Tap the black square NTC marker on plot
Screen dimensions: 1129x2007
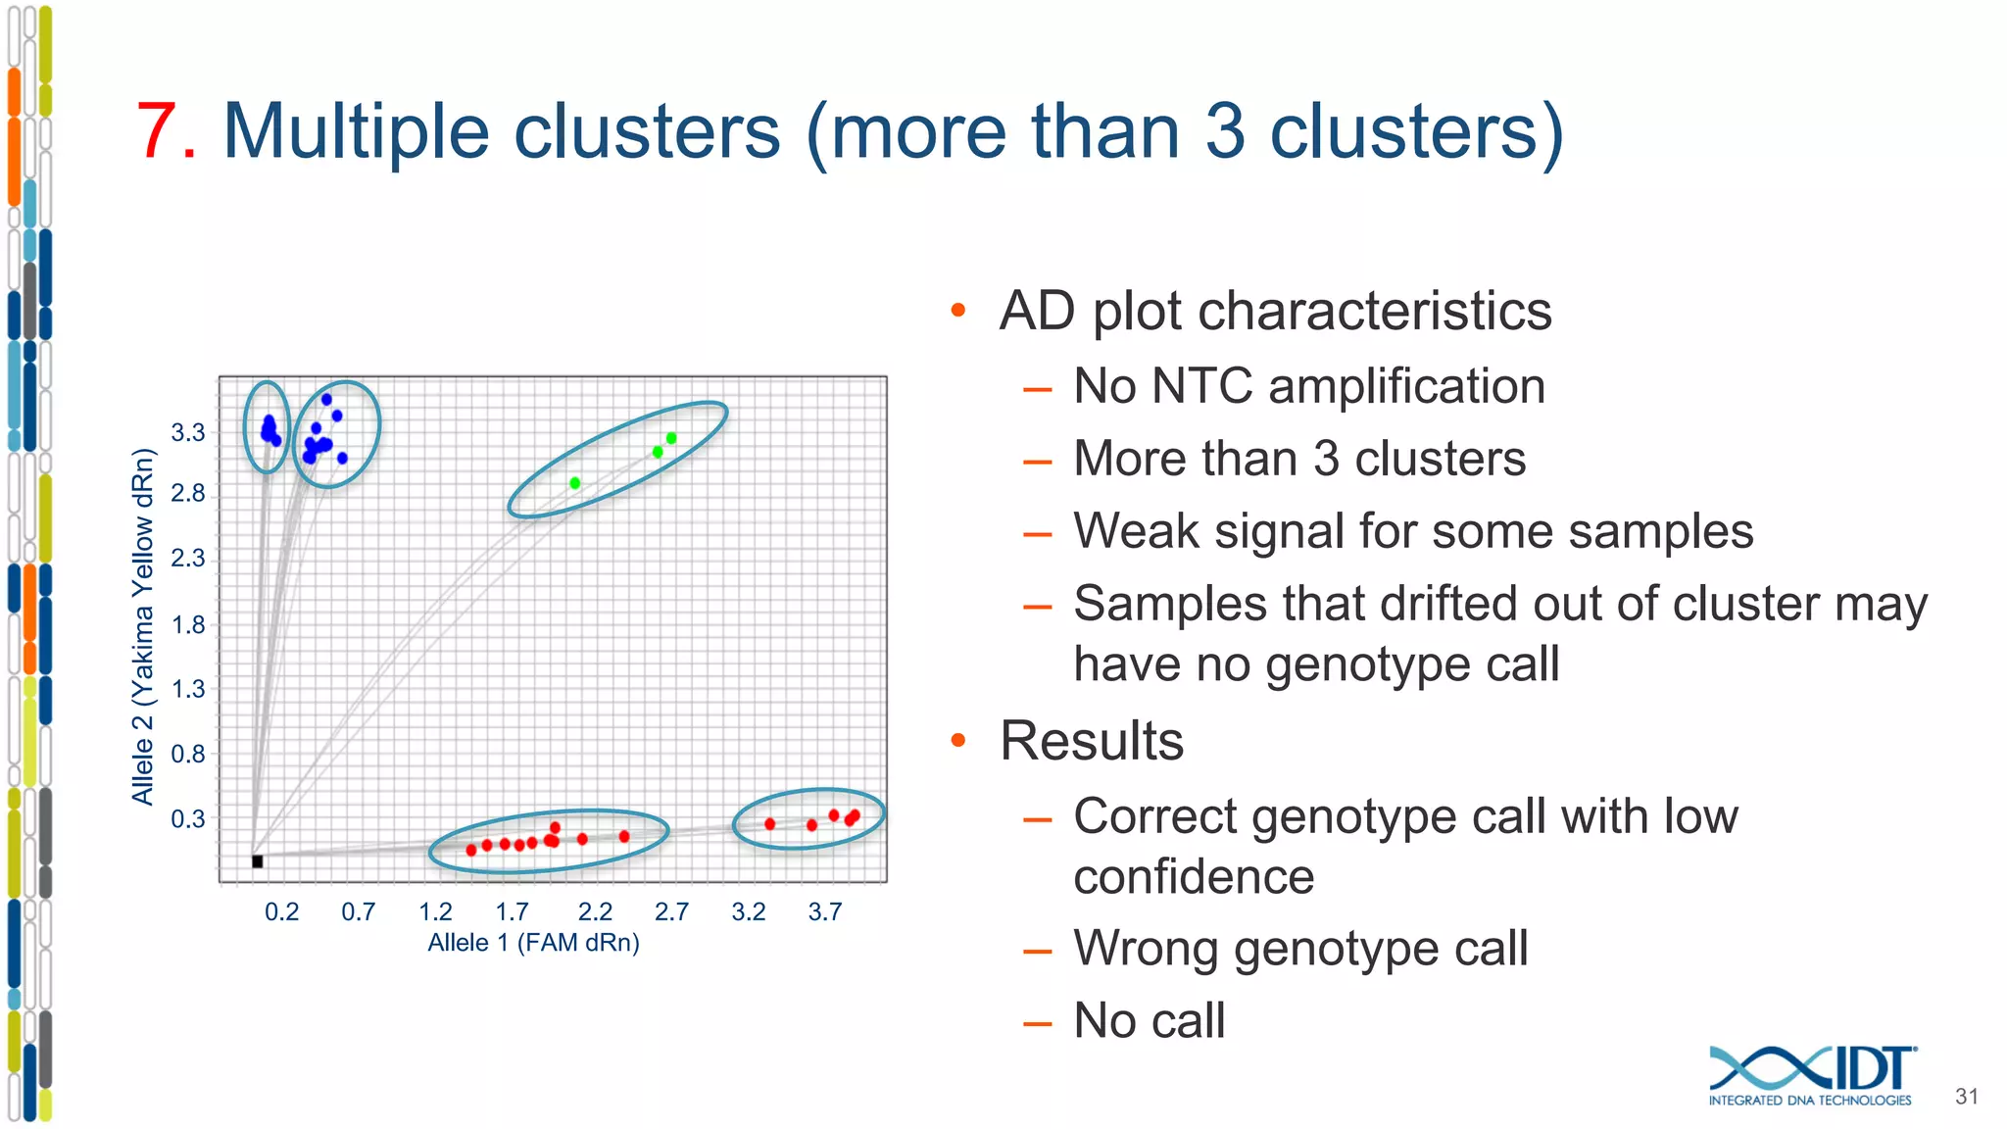point(257,861)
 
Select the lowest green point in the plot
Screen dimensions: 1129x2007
point(575,483)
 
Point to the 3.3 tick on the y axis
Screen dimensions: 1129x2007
point(188,432)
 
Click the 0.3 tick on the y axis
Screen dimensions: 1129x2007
point(188,818)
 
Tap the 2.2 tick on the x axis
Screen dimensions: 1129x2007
point(595,912)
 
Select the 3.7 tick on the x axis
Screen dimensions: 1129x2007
point(825,912)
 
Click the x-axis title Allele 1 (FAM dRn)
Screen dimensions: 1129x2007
point(533,943)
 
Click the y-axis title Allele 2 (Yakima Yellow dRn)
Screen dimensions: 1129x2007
point(143,627)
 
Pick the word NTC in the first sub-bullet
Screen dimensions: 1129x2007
point(1201,386)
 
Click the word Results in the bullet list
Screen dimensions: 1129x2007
point(1092,741)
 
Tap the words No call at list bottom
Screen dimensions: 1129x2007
point(1149,1020)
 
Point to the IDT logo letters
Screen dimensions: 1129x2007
point(1872,1068)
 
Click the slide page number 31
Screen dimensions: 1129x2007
point(1966,1097)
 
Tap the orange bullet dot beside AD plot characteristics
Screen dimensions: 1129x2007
point(958,312)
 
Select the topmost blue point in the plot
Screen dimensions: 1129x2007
point(326,399)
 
